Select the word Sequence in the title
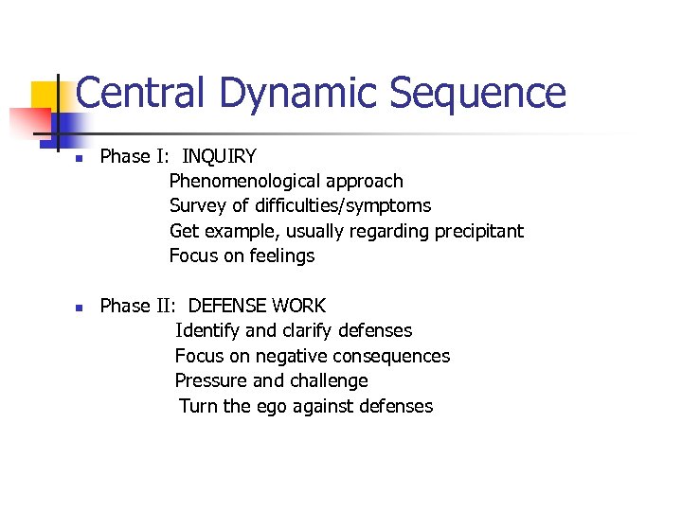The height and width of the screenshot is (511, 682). tap(477, 93)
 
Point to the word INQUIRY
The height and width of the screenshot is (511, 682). tap(219, 156)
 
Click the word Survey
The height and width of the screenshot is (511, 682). tap(195, 205)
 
